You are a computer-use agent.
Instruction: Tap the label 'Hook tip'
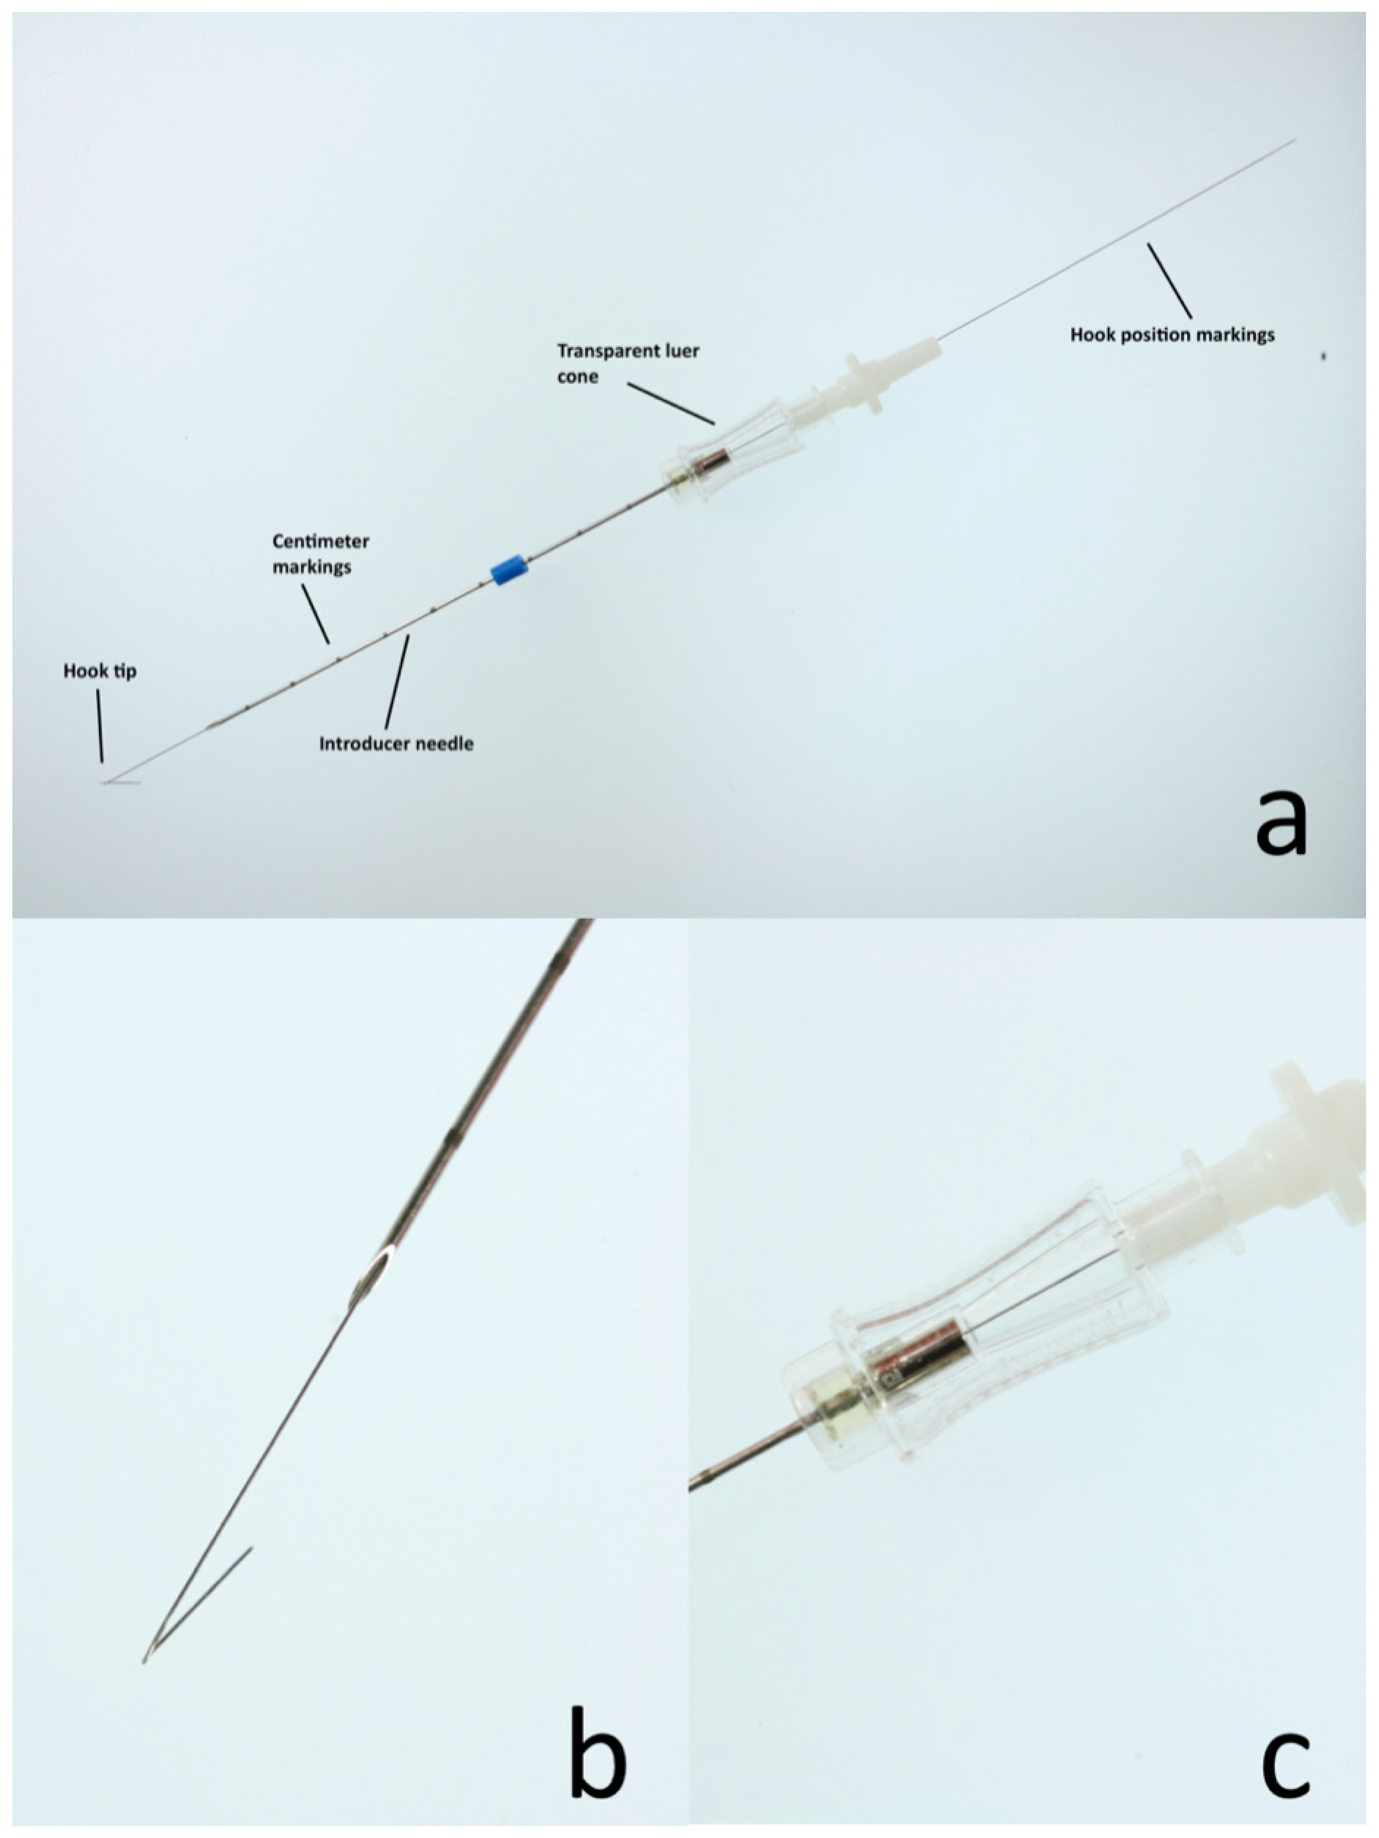99,670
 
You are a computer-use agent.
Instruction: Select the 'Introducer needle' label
396,743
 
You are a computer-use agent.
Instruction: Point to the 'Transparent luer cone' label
628,363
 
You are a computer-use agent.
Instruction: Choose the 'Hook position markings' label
1172,335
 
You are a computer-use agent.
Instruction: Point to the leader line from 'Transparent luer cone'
671,403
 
